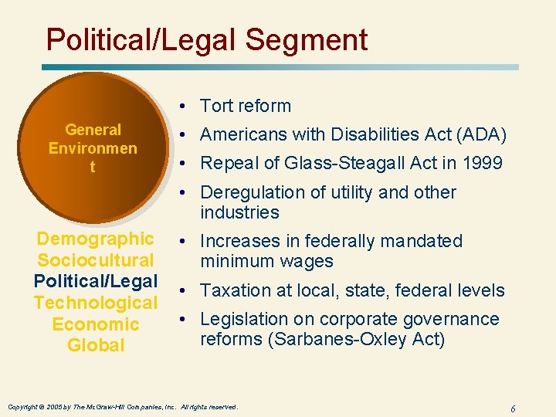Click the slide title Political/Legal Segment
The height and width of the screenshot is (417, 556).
(206, 39)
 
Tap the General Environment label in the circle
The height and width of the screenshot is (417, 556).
(93, 147)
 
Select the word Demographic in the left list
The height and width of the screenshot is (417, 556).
(95, 239)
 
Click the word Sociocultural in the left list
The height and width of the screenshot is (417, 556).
(96, 260)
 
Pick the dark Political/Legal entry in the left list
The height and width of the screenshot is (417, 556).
(96, 281)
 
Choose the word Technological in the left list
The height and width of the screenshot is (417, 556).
(96, 303)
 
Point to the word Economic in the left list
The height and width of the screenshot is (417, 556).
(96, 324)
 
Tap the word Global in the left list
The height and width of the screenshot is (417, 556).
(96, 345)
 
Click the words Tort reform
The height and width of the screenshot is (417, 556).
(246, 106)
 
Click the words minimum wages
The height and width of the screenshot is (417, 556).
(266, 262)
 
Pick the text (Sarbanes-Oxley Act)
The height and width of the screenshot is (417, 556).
(323, 340)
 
